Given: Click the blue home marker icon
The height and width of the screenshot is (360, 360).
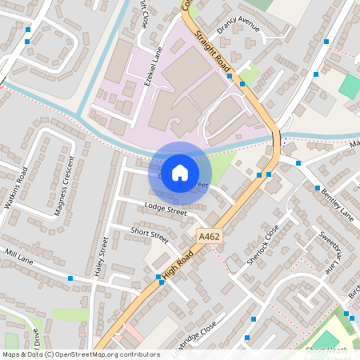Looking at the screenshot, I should coord(180,173).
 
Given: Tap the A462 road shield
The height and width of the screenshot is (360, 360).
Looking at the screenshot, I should coord(209,236).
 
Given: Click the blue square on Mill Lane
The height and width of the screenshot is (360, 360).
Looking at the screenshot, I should coord(70,278).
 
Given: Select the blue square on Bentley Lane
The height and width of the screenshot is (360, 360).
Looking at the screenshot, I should coord(298,163).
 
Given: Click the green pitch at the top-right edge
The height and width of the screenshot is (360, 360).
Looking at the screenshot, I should coord(350,86).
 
